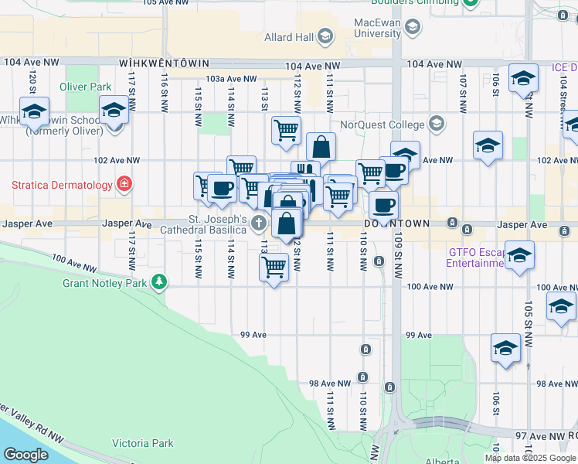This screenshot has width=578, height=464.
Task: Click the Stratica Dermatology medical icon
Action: pyautogui.click(x=123, y=184)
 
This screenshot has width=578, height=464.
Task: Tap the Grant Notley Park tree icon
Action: pyautogui.click(x=159, y=281)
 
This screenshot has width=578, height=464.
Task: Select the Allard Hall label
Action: pyautogui.click(x=289, y=37)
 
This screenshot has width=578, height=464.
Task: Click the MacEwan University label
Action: pyautogui.click(x=379, y=28)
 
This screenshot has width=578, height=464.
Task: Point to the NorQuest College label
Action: pyautogui.click(x=382, y=125)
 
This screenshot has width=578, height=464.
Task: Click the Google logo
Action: pyautogui.click(x=26, y=455)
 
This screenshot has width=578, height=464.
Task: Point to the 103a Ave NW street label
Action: pyautogui.click(x=231, y=79)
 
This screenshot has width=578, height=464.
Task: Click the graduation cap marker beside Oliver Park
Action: pyautogui.click(x=114, y=110)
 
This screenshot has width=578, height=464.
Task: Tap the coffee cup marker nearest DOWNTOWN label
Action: pyautogui.click(x=383, y=205)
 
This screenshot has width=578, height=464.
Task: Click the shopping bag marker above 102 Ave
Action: pyautogui.click(x=321, y=146)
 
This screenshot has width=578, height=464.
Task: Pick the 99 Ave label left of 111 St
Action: pyautogui.click(x=253, y=335)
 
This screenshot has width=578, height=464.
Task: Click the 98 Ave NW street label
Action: pyautogui.click(x=330, y=384)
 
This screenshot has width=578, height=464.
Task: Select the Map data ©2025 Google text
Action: pyautogui.click(x=529, y=458)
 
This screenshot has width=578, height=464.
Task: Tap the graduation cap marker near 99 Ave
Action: pyautogui.click(x=505, y=348)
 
